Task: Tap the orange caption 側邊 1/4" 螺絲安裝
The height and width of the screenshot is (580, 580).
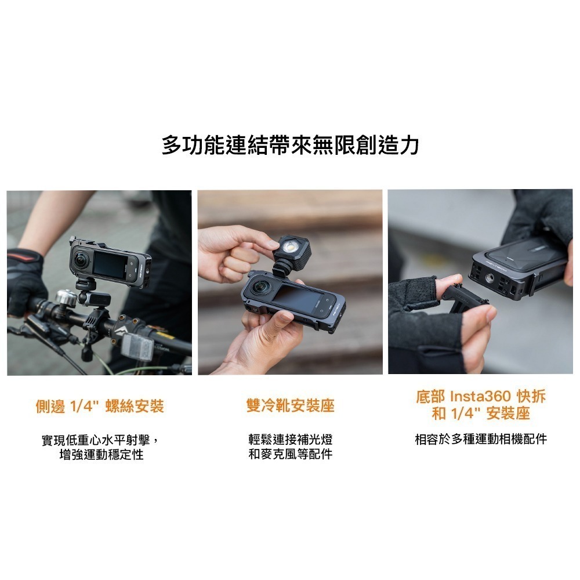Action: (x=100, y=406)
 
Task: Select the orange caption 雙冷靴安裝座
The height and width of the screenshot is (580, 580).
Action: (x=290, y=406)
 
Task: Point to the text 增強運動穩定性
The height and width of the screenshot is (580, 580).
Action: (x=101, y=455)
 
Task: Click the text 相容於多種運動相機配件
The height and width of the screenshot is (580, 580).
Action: (x=480, y=439)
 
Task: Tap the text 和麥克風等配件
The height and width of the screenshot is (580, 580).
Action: (x=290, y=454)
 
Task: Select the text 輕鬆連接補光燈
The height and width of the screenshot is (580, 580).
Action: (x=290, y=439)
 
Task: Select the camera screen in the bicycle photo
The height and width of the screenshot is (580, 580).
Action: (x=110, y=264)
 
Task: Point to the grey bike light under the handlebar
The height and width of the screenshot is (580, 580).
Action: (x=137, y=346)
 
